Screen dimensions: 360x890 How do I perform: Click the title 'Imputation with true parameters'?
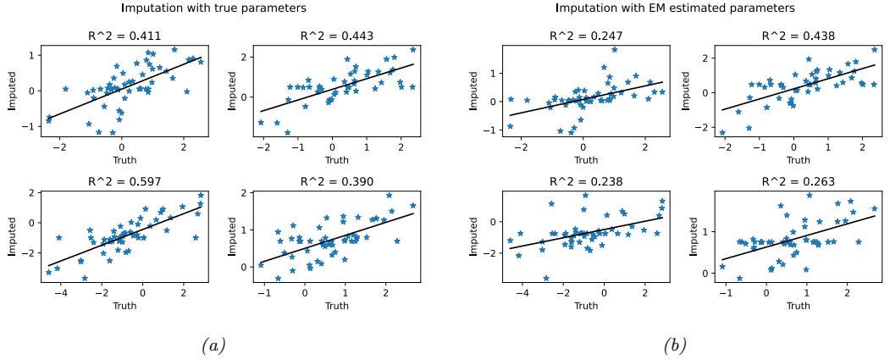pyautogui.click(x=214, y=8)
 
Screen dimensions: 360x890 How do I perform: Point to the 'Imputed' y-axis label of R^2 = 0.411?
pyautogui.click(x=11, y=91)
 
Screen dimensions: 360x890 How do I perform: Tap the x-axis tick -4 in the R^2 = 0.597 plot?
pyautogui.click(x=58, y=291)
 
